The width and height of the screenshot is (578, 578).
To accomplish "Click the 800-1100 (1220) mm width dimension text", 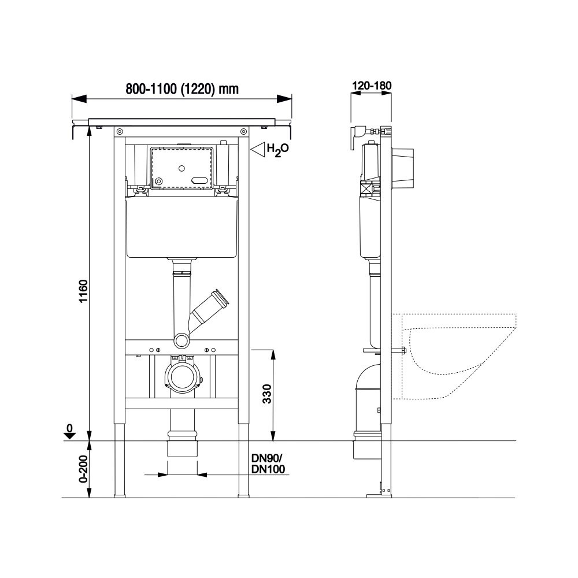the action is point(182,89).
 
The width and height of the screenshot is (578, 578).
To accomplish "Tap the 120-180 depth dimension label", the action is point(372,86).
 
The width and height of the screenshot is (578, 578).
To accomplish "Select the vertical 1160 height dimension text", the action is point(84,291).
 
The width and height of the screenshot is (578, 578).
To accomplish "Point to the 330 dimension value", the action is point(267,394).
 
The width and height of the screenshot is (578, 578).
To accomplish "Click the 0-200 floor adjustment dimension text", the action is point(84,469).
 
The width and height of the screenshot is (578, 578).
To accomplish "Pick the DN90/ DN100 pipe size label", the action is point(268,464).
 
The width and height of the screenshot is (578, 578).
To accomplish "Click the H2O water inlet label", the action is point(277,150).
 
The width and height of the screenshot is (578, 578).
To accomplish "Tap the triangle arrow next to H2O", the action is point(258,149).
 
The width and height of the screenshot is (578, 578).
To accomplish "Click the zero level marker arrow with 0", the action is point(69,432).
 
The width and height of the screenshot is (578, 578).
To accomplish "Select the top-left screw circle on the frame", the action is point(119,132).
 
